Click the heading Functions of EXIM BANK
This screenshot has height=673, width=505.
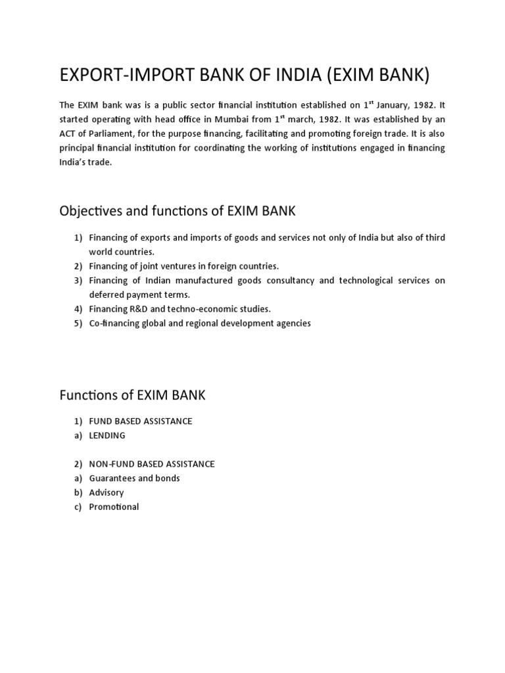[132, 395]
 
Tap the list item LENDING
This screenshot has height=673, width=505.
[107, 435]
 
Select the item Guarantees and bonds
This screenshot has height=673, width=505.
[134, 478]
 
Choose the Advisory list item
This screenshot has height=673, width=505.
[107, 492]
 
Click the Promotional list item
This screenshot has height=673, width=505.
[114, 507]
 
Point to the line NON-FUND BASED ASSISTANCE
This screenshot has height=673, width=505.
[152, 464]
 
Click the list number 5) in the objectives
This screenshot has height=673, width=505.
[78, 323]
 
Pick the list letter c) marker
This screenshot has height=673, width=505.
[78, 507]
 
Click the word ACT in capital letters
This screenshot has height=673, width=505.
[68, 134]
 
